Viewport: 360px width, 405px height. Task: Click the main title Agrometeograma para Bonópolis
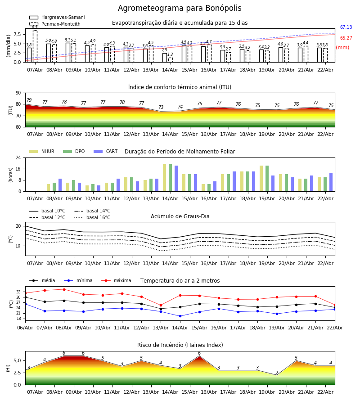tap(180, 9)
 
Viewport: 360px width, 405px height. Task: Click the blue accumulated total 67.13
tap(346, 27)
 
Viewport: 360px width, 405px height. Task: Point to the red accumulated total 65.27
tap(346, 38)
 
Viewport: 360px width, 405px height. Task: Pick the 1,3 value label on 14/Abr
tap(170, 54)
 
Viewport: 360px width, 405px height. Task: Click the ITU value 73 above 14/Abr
tap(161, 108)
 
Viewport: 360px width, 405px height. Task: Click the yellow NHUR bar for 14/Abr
tap(165, 178)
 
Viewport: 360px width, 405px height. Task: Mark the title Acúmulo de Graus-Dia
tap(180, 217)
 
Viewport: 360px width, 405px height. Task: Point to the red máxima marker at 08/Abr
tap(64, 289)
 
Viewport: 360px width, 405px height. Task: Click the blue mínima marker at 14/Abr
tap(180, 316)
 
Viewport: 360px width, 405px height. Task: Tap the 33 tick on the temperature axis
tap(19, 292)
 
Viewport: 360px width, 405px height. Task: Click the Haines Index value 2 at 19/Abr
tap(277, 373)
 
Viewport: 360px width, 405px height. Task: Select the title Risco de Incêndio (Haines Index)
tap(180, 345)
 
